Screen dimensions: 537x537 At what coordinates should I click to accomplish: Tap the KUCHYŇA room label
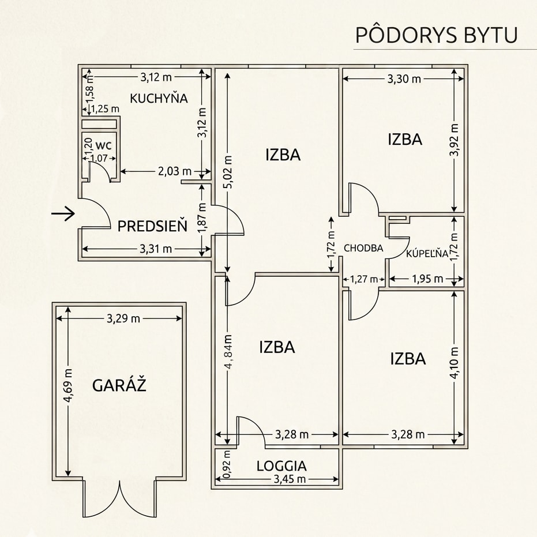coord(159,98)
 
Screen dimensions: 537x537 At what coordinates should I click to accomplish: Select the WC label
coord(103,145)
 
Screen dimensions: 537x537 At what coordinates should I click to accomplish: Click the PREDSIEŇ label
coord(152,226)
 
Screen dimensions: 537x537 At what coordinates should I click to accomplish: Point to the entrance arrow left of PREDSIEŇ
coord(63,213)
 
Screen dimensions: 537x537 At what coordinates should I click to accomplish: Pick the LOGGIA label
coord(281,466)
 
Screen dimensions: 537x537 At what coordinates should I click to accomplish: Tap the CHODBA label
coord(363,248)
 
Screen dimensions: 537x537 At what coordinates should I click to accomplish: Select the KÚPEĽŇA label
coord(427,253)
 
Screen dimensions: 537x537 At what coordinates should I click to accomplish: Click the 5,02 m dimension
coord(229,171)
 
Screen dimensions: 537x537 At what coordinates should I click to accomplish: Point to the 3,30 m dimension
coord(404,79)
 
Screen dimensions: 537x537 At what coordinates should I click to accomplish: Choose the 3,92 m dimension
coord(455,140)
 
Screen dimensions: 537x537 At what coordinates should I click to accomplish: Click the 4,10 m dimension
coord(455,363)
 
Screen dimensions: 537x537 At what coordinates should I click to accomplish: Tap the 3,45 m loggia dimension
coord(290,479)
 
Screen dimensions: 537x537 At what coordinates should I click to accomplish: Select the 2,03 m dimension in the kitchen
coord(175,171)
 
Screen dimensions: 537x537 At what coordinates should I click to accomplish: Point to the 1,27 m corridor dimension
coord(364,279)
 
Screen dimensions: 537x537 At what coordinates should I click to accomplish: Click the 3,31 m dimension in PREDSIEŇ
coord(156,249)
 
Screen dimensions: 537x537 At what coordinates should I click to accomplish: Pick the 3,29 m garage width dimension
coord(123,318)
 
